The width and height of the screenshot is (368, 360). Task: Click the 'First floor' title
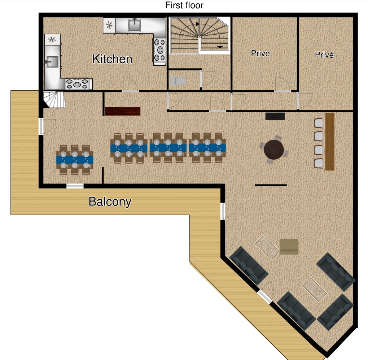coord(184,5)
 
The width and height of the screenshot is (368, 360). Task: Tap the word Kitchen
coord(112,59)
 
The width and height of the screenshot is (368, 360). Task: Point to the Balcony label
coord(110,202)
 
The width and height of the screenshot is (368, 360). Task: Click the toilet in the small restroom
coord(178,81)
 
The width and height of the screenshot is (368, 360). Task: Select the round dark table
coord(273,149)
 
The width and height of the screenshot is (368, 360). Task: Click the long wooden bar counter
coord(330,142)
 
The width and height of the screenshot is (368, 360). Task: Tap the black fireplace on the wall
coord(275,116)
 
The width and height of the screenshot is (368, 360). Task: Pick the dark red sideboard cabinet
coord(123,111)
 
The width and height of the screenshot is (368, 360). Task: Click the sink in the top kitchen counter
coord(135,25)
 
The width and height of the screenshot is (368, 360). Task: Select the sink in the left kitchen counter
coord(52,62)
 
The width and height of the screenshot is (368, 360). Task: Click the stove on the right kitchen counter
coord(159,50)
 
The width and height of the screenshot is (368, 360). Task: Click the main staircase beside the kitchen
coord(200,35)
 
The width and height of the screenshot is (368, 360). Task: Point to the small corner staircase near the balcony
coord(54,100)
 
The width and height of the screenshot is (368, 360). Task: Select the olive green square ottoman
coord(289,247)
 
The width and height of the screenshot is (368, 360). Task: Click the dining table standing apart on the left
coord(75,160)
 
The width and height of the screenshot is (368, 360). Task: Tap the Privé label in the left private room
coord(260,53)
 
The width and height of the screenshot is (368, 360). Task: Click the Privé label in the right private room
coord(324,55)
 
